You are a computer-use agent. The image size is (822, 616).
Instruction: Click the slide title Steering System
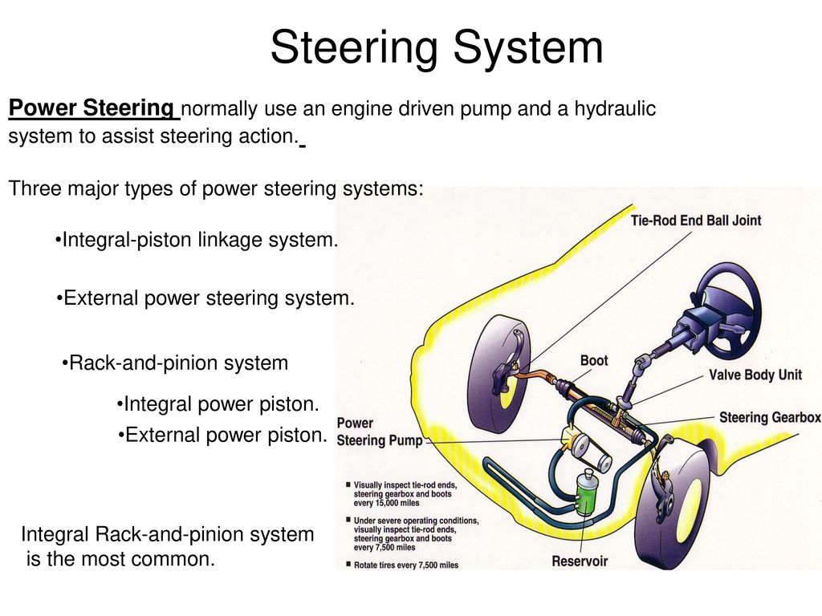tap(437, 48)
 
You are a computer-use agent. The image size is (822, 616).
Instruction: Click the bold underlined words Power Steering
tap(92, 108)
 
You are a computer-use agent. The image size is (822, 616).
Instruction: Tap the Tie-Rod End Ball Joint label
tap(696, 221)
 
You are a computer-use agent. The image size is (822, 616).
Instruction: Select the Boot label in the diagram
tap(594, 360)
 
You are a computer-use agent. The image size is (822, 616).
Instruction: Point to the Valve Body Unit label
tap(755, 375)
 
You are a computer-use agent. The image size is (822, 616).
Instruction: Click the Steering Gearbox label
tap(770, 417)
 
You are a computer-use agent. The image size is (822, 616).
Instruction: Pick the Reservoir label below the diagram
tap(580, 561)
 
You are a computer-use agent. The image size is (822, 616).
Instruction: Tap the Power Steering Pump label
tap(380, 432)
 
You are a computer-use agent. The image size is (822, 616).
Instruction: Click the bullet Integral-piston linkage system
tap(197, 240)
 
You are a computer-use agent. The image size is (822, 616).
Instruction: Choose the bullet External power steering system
tap(205, 298)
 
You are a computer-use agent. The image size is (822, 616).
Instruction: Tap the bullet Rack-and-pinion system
tap(175, 363)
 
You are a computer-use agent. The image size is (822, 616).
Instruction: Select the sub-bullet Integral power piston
tap(218, 404)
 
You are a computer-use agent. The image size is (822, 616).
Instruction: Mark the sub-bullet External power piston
tap(223, 435)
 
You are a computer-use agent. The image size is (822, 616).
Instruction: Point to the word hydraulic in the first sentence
tap(615, 109)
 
